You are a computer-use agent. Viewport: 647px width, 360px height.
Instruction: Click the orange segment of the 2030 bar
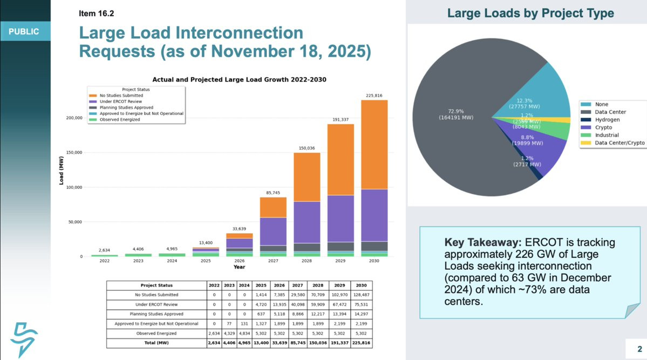point(374,145)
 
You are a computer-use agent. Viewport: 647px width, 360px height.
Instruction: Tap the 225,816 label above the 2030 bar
point(374,96)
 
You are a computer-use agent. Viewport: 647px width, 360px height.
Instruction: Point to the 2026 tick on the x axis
point(239,261)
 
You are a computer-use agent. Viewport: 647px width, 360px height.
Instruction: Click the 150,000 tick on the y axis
point(74,153)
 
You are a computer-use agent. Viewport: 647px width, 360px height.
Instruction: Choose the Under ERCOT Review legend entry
point(118,101)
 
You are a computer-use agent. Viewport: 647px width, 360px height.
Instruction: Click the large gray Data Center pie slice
point(459,97)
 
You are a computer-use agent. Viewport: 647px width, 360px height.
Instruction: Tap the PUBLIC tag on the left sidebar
point(24,32)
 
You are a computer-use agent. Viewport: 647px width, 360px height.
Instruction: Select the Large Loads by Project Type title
point(530,13)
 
